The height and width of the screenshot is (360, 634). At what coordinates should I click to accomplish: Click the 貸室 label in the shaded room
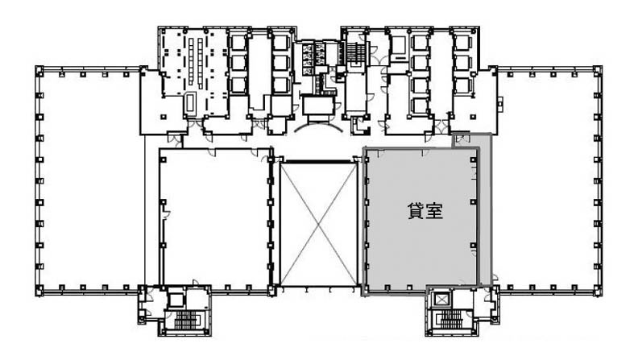click(x=425, y=211)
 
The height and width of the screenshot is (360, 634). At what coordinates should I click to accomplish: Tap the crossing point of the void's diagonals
click(x=319, y=224)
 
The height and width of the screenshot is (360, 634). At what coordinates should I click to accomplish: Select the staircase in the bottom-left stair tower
click(x=185, y=321)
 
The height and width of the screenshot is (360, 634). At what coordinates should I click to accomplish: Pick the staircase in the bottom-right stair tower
click(x=451, y=319)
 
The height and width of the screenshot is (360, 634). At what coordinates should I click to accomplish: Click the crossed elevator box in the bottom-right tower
click(x=441, y=300)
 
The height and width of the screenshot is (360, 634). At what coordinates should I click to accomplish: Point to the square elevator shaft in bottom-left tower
click(x=176, y=300)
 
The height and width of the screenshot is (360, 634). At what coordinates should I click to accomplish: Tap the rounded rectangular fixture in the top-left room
click(x=189, y=103)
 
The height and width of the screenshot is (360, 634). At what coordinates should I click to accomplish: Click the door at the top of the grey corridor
click(x=461, y=139)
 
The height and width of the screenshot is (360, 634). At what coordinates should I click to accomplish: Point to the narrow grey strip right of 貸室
click(x=485, y=210)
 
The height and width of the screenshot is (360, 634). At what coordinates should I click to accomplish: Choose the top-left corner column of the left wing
click(x=39, y=71)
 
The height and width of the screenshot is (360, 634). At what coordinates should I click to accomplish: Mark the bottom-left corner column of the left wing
click(x=39, y=291)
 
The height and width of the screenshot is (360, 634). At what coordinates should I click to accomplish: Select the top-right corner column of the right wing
click(x=598, y=70)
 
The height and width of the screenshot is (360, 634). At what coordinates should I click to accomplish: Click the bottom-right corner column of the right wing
click(x=598, y=291)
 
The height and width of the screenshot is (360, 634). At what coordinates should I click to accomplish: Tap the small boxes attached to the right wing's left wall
click(x=499, y=104)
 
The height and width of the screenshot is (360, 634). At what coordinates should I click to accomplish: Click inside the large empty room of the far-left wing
click(x=91, y=182)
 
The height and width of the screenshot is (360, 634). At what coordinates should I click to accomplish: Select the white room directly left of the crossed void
click(x=214, y=218)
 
